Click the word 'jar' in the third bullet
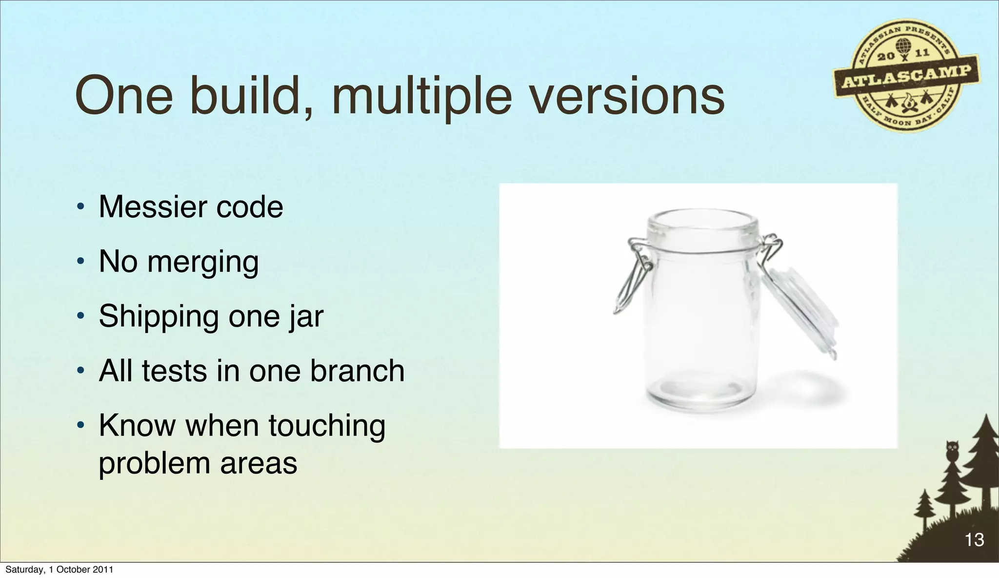pyautogui.click(x=306, y=317)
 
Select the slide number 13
pyautogui.click(x=974, y=540)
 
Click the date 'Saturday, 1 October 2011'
pyautogui.click(x=59, y=570)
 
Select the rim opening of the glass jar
pyautogui.click(x=702, y=222)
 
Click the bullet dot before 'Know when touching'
pyautogui.click(x=81, y=426)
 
